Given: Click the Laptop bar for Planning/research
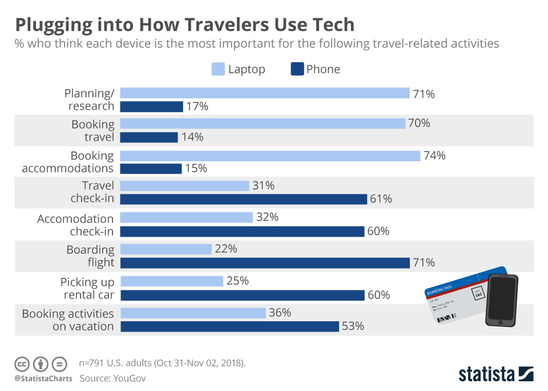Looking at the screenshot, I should tap(265, 93).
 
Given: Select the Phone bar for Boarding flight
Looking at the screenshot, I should tap(265, 262).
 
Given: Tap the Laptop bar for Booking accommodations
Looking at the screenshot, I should tap(271, 155).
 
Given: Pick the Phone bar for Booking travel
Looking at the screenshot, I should tap(150, 137).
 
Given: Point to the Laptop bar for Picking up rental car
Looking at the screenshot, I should tap(172, 281).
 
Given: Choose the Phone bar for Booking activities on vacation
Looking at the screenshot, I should tap(230, 326).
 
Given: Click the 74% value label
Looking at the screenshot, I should tap(434, 155).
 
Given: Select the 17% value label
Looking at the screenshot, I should tap(197, 107).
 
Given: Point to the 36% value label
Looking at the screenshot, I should tap(280, 313).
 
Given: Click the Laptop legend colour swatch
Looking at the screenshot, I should tap(218, 70).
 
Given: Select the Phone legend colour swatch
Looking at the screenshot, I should tap(297, 70).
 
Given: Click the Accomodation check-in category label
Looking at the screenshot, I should tap(75, 225).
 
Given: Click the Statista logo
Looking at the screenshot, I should tap(495, 374).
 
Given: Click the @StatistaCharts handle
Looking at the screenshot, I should tap(43, 378).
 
